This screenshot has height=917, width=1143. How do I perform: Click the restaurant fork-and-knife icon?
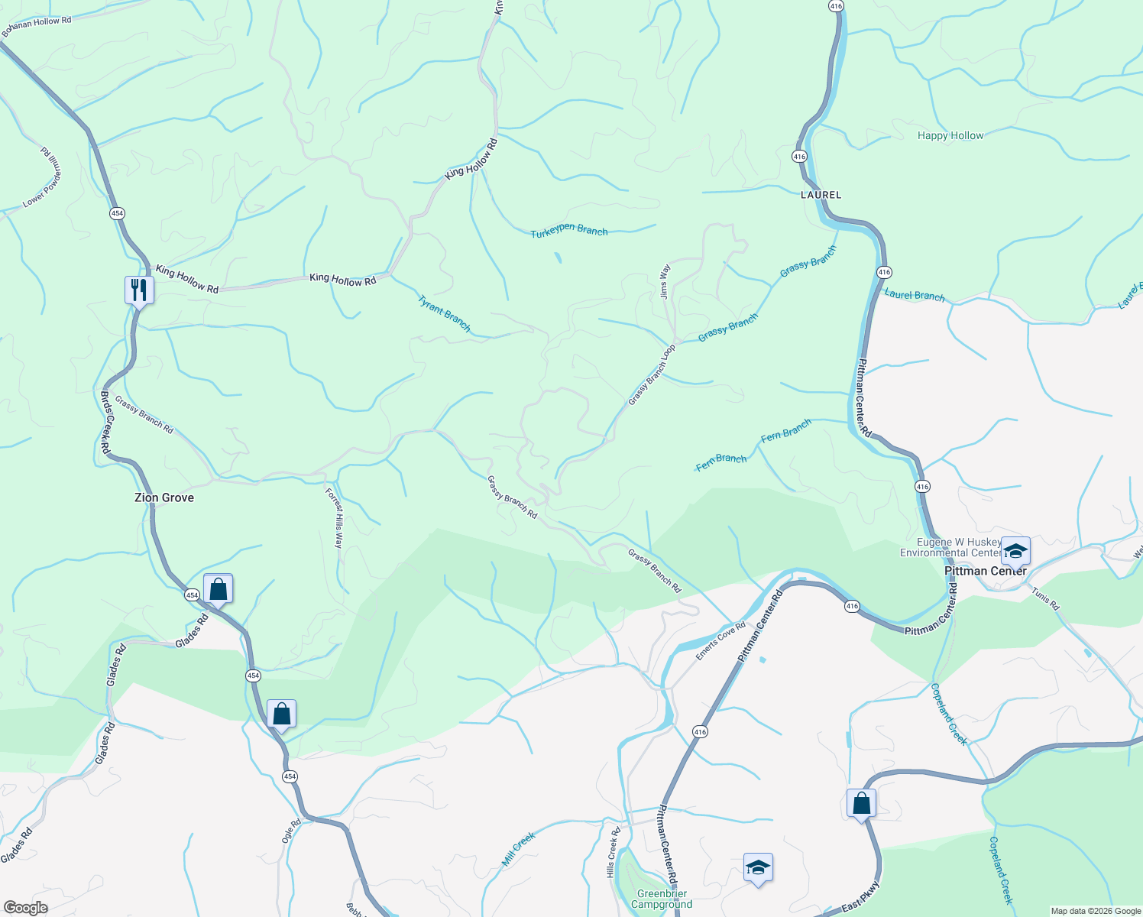coord(139,290)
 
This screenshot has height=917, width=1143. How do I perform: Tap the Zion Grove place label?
coord(164,497)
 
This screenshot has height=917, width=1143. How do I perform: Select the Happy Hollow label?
coord(950,135)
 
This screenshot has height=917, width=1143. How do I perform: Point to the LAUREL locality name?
coord(821,195)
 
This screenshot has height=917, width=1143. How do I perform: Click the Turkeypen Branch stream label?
coord(569,231)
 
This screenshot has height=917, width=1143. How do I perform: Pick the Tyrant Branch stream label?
coord(444,313)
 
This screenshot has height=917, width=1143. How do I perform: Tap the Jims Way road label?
coord(665,281)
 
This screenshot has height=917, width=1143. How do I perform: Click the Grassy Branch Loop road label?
coord(652,375)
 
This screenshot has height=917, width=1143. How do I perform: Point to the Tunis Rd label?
coord(1045,598)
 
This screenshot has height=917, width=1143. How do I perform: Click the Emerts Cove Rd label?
coord(720,641)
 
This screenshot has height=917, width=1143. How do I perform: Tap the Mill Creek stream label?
coord(519,849)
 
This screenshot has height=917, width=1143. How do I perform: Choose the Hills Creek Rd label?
coord(612,852)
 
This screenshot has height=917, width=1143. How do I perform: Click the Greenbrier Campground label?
coord(662,899)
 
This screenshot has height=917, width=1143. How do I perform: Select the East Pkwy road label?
coord(861,897)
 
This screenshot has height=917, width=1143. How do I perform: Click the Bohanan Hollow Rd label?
coord(37,26)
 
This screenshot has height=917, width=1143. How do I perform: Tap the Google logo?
coord(25,908)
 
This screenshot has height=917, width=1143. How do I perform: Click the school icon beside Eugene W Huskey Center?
coord(1015,550)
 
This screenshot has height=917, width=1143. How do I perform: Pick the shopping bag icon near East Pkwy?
coord(861,803)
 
